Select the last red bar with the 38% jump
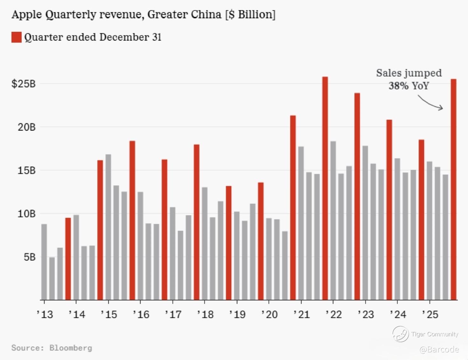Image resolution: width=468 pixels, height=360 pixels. coord(454,190)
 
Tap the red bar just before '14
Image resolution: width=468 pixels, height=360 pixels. coord(68,259)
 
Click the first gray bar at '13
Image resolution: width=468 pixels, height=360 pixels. coord(44,262)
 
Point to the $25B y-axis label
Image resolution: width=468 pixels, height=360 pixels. coord(24,84)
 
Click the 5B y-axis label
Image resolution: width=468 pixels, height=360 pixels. coord(29,257)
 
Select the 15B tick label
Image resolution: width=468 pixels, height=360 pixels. coord(26,170)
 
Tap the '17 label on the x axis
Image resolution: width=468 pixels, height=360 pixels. coord(173,315)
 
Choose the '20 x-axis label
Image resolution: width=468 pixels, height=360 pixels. coord(269,315)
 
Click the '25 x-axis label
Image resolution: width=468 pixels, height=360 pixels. coord(430,315)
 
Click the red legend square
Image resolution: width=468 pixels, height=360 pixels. coord(17,37)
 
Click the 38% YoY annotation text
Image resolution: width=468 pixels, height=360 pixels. coord(409,86)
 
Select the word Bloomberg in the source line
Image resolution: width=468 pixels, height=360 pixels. coord(71,348)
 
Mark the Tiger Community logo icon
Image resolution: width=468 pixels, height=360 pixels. coord(400,334)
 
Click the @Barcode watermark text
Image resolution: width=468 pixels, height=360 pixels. coord(439,350)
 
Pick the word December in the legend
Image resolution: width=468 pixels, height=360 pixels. coord(124,37)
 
